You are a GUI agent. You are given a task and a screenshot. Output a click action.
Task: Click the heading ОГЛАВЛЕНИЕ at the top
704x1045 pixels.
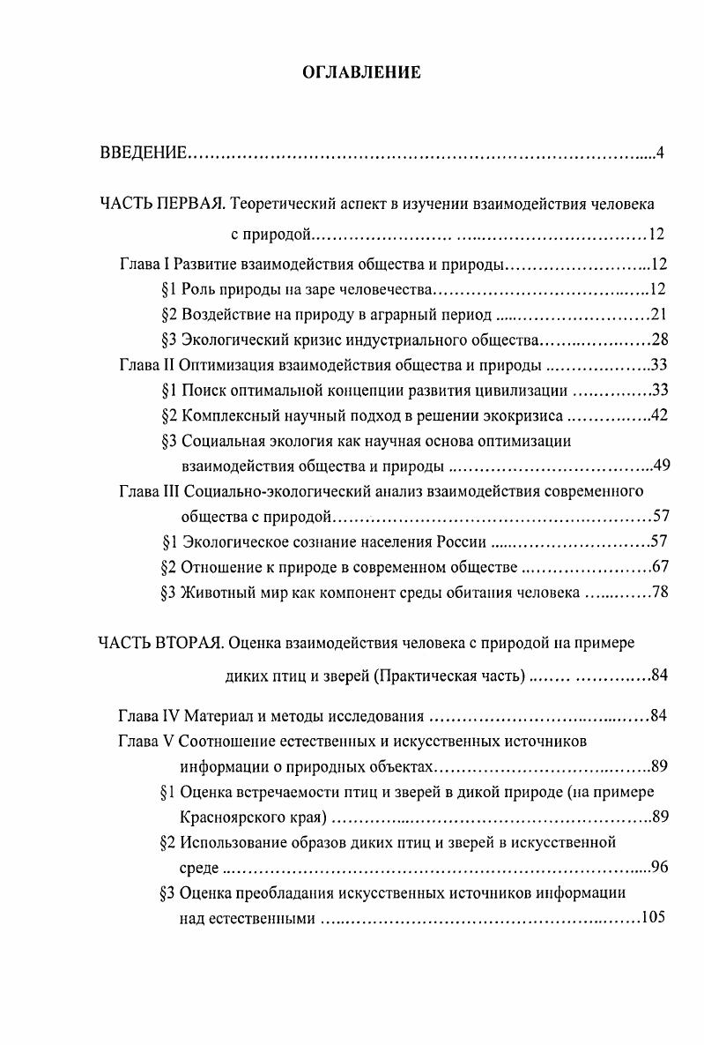coord(361,72)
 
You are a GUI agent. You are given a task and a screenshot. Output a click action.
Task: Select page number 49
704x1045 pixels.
coord(662,467)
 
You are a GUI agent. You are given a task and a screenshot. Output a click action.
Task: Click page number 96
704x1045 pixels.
coord(658,867)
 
